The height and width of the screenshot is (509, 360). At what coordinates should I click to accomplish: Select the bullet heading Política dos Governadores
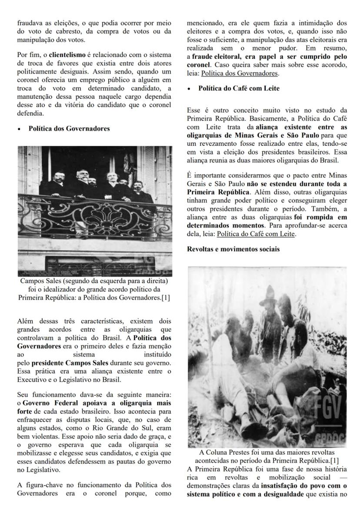(69, 128)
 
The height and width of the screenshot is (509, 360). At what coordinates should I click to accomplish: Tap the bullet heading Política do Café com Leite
(239, 88)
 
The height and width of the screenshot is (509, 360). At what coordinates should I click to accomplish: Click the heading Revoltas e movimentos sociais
(233, 249)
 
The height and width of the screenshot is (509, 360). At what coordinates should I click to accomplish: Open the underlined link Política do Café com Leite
(256, 234)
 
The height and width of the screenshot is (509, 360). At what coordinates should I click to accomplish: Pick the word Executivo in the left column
(33, 378)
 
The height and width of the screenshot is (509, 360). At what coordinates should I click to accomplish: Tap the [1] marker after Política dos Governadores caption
(165, 298)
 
